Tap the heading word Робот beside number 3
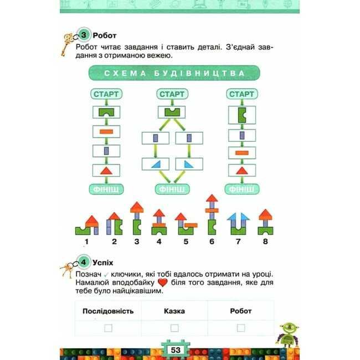pos(105,36)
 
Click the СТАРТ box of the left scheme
pos(106,94)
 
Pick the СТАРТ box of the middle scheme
pos(172,94)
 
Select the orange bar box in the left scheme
pos(106,132)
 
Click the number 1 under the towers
pos(86,241)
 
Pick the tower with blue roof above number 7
pos(238,223)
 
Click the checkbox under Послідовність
pos(108,328)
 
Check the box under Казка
pos(174,328)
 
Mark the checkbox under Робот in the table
pos(241,328)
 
